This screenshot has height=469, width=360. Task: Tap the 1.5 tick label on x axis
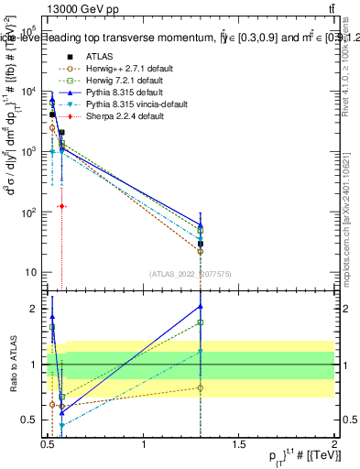240,444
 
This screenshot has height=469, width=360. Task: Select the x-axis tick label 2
333,444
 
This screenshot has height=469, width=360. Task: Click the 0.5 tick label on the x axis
49,444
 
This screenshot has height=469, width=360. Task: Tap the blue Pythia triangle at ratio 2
200,306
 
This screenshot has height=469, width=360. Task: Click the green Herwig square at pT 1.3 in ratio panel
200,322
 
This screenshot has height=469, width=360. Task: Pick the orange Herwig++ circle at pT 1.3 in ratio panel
200,387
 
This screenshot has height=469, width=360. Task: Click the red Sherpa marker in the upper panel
61,206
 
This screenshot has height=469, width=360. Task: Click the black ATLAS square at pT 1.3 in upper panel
200,244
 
